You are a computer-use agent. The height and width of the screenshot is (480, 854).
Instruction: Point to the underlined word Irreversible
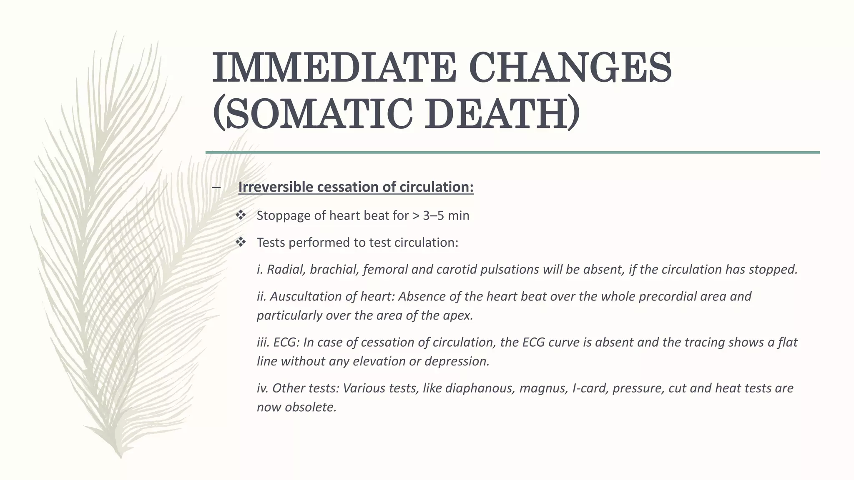276,187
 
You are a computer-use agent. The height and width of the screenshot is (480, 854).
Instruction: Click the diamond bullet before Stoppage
241,215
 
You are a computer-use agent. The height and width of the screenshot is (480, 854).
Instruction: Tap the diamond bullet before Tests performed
241,242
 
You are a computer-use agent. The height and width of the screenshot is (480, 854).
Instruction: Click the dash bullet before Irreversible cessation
216,187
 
